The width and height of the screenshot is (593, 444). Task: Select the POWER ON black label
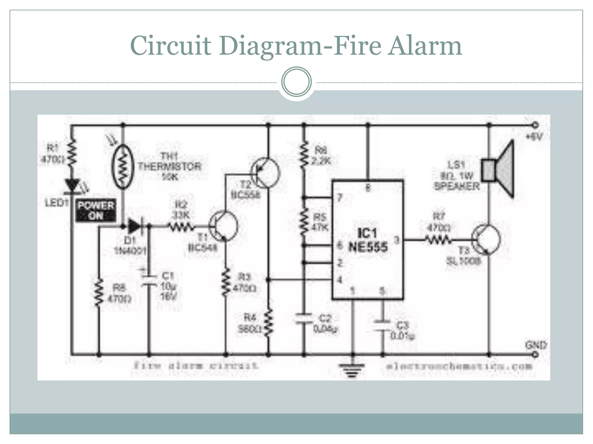96,210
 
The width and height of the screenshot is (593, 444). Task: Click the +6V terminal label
534,136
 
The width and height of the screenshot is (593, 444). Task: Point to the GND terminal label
536,345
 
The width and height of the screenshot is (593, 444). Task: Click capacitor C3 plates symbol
382,325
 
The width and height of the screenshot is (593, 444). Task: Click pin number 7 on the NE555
340,198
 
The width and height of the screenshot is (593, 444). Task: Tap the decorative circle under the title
296,82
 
